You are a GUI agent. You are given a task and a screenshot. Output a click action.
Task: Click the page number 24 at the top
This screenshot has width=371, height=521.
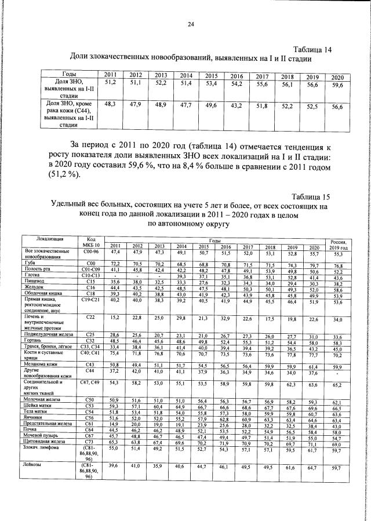coord(190,24)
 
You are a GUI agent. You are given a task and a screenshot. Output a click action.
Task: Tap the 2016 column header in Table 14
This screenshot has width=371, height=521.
coord(236,76)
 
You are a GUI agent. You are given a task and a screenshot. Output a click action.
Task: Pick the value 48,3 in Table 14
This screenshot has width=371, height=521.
coord(110,104)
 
